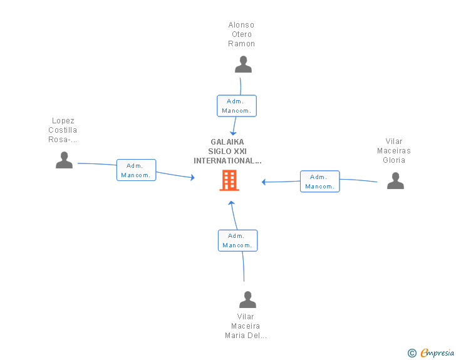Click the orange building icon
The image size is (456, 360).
(x=229, y=180)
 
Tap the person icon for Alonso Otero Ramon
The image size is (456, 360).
(x=243, y=64)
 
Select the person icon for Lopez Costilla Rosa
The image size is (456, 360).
(x=64, y=160)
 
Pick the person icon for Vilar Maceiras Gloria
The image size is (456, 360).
(x=395, y=180)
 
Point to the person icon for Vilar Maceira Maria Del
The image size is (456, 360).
(x=247, y=299)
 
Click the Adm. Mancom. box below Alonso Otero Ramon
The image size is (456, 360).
(x=237, y=106)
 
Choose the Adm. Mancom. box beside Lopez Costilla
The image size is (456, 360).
(x=136, y=170)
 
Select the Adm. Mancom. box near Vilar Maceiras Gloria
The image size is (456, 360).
(x=320, y=182)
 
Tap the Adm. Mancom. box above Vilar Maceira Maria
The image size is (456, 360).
(x=237, y=240)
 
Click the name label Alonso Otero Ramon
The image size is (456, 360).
(x=241, y=34)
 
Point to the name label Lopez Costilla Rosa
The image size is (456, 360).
(x=63, y=130)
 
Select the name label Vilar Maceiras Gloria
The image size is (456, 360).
(x=394, y=151)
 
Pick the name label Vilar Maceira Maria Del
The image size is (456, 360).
(x=246, y=326)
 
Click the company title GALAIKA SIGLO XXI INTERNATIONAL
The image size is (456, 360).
(x=227, y=152)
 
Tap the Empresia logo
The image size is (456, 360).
(x=437, y=352)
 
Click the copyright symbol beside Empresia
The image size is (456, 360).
(x=412, y=353)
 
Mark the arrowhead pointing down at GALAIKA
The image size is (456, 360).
(x=233, y=133)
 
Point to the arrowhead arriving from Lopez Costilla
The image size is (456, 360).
(x=192, y=177)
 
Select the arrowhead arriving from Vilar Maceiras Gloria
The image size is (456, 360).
(x=264, y=182)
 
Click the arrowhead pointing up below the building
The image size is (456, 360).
(x=231, y=203)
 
